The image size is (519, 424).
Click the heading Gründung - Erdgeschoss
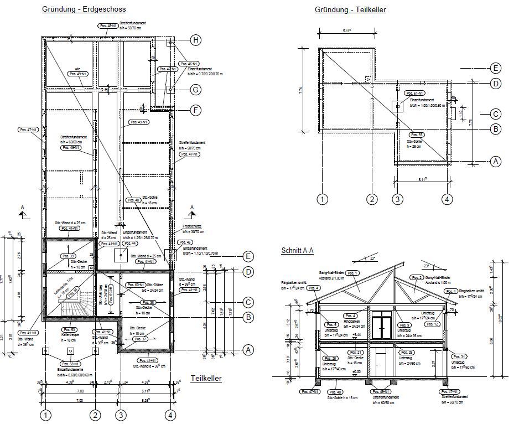click(84, 9)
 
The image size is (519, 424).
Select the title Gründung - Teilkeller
click(350, 9)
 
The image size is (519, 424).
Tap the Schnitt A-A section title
click(297, 251)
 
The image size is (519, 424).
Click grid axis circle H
click(196, 40)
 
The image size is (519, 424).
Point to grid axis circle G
click(196, 89)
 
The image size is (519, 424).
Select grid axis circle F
click(196, 110)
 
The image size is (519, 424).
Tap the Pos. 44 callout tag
click(130, 243)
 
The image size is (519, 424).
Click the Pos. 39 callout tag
click(69, 256)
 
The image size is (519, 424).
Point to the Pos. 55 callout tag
click(417, 135)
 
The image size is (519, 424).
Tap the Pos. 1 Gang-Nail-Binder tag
click(352, 273)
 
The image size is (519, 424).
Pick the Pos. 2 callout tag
click(417, 277)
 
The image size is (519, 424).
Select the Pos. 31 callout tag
click(459, 356)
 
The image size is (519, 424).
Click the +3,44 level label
click(357, 335)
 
